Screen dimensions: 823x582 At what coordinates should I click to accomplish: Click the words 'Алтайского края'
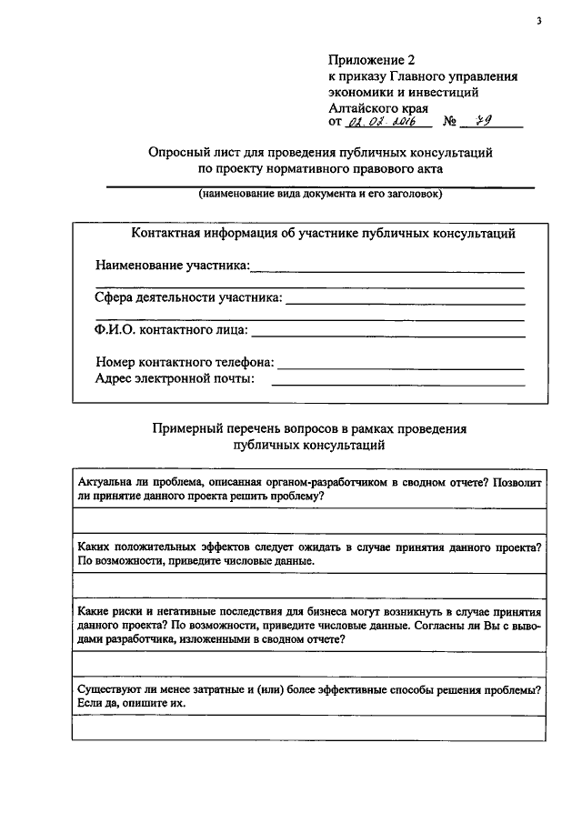(372, 107)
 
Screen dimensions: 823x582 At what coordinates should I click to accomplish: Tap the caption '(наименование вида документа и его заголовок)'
(321, 195)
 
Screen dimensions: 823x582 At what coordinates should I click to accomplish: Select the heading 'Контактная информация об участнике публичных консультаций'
(323, 234)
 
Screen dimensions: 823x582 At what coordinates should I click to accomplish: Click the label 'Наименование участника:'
(172, 266)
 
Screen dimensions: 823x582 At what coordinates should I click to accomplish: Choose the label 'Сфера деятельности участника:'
(188, 297)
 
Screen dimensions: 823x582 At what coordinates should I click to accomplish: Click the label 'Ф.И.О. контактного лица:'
(171, 330)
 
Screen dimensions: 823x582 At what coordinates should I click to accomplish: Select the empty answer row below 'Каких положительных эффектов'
(309, 586)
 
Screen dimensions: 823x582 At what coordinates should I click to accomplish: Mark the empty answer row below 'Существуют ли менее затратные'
(309, 728)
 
